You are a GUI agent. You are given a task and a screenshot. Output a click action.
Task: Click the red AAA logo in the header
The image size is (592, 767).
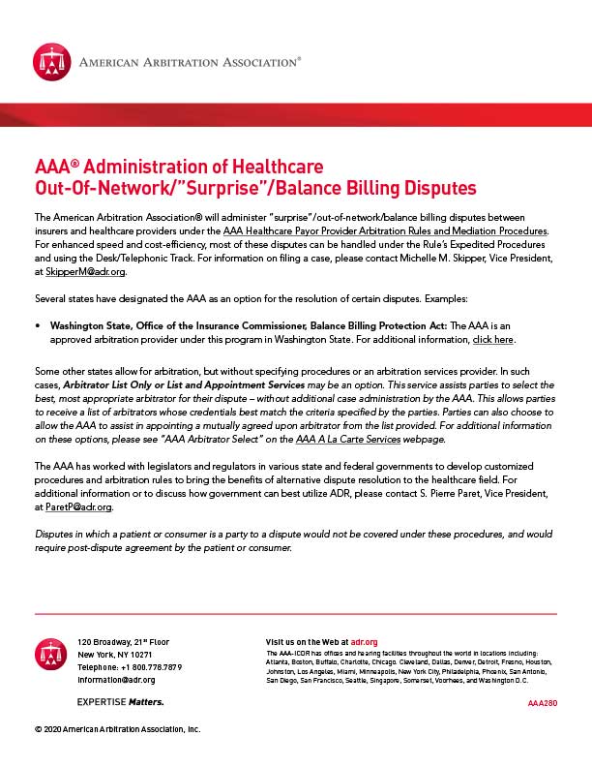point(52,63)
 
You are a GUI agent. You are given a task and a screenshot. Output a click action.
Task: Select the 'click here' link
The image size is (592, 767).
point(493,341)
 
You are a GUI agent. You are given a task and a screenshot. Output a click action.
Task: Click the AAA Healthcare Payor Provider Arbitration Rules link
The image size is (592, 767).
point(385,230)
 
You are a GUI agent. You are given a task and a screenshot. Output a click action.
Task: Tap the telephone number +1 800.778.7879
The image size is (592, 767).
point(129,667)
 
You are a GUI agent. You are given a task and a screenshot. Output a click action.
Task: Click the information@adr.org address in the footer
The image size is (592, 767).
point(116,680)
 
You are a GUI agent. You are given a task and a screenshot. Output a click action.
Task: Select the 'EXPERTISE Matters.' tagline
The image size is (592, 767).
point(120,701)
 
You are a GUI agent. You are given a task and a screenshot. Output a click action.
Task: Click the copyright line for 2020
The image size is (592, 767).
point(117,729)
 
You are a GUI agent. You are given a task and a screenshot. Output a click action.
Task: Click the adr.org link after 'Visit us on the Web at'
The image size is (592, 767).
point(364,642)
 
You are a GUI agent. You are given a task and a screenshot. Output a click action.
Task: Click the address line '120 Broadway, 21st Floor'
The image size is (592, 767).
point(123,642)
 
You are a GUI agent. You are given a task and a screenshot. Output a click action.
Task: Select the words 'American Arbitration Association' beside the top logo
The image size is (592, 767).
point(190,63)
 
